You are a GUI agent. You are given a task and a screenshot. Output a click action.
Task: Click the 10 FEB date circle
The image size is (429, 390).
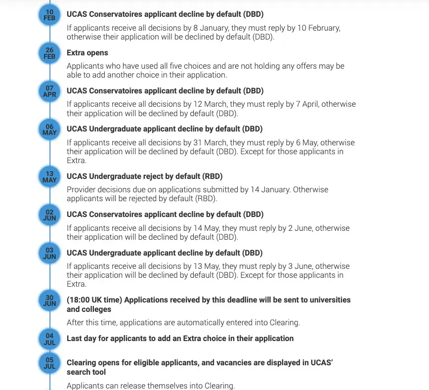[49, 15]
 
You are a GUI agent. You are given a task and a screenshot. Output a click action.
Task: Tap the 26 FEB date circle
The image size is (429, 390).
[49, 53]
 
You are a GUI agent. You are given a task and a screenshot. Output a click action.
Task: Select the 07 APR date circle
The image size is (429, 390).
[49, 91]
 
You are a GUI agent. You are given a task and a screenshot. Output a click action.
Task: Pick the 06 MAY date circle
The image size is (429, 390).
[49, 130]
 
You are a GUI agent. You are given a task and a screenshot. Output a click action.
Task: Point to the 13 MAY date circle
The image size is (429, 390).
[49, 177]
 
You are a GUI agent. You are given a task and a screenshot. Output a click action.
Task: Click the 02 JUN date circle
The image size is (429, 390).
[49, 215]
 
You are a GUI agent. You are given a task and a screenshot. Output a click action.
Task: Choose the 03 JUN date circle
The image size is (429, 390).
[49, 253]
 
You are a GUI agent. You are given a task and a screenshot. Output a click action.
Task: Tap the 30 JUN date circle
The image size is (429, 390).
[49, 301]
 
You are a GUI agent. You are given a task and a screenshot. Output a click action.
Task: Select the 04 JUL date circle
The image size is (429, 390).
[49, 339]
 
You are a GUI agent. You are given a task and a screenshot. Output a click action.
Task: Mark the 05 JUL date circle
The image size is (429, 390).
[49, 363]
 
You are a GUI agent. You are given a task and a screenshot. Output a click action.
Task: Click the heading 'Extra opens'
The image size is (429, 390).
[87, 53]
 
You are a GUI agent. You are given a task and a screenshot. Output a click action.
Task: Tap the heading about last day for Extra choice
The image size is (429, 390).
[180, 339]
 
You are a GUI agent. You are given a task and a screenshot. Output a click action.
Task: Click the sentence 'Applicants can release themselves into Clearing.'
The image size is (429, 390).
[151, 386]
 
